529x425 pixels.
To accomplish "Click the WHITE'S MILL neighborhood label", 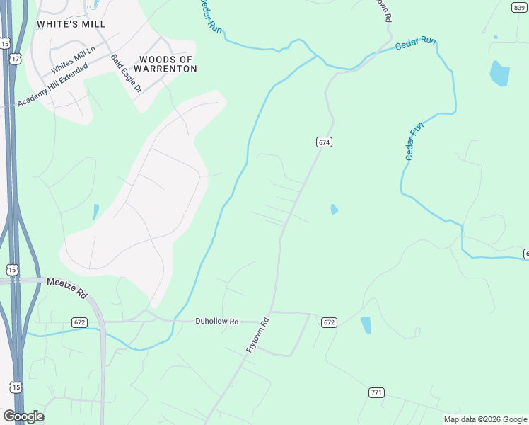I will [71, 24].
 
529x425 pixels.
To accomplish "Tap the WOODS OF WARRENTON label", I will [168, 64].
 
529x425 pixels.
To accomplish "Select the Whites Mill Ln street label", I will [73, 60].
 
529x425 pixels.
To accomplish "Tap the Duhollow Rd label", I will [217, 321].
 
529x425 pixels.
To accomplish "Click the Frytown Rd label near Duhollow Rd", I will [257, 335].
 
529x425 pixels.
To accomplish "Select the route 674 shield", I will [324, 142].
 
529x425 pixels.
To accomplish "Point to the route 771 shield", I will [376, 392].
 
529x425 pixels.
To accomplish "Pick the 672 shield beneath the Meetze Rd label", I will [79, 322].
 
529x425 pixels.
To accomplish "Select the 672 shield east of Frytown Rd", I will [329, 322].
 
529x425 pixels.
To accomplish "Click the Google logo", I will [23, 416].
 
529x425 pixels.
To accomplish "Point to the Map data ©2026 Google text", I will [485, 419].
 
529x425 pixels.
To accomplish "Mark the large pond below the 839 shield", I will [499, 73].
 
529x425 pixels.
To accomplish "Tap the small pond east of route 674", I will [334, 210].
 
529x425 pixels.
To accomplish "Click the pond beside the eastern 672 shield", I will [366, 325].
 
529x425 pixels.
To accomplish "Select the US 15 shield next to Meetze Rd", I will [11, 269].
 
